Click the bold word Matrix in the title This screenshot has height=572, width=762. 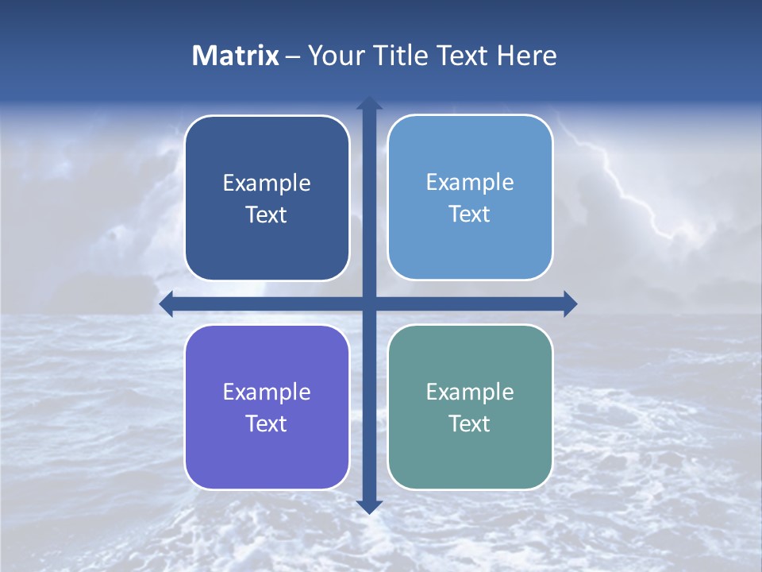pyautogui.click(x=236, y=56)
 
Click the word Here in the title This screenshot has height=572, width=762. pyautogui.click(x=527, y=56)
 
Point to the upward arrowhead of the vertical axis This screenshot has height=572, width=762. pyautogui.click(x=369, y=102)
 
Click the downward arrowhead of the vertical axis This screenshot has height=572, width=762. pyautogui.click(x=369, y=507)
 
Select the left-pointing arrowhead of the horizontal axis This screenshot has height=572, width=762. pyautogui.click(x=166, y=303)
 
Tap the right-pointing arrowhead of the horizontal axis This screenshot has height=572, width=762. pyautogui.click(x=570, y=303)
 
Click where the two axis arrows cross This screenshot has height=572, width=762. pyautogui.click(x=369, y=303)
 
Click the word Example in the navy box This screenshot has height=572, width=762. pyautogui.click(x=267, y=184)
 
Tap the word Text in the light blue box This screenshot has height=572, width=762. pyautogui.click(x=470, y=214)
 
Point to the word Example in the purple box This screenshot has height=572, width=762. pyautogui.click(x=267, y=392)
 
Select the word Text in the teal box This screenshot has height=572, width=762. pyautogui.click(x=470, y=424)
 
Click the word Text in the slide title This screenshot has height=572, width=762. pyautogui.click(x=463, y=56)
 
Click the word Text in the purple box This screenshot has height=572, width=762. pyautogui.click(x=267, y=424)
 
